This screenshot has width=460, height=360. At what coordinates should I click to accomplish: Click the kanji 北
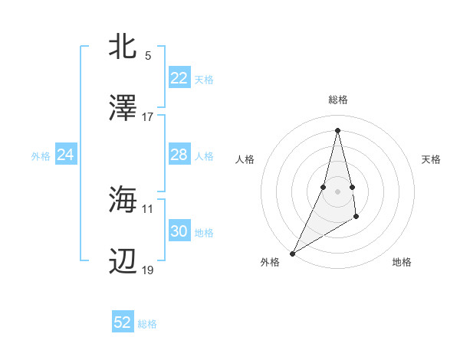(123, 47)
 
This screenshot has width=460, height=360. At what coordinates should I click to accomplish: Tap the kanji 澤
(123, 108)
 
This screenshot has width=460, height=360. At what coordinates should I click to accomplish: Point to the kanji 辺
(123, 261)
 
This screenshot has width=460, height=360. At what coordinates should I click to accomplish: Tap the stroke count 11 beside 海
(148, 208)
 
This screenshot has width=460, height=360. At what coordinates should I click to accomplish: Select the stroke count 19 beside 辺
(148, 270)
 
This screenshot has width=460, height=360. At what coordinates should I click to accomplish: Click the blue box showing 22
(179, 78)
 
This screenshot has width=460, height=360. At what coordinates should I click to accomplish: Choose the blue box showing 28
(179, 155)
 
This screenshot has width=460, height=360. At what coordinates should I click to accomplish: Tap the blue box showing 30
(179, 231)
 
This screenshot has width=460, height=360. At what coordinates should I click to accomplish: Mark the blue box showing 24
(66, 155)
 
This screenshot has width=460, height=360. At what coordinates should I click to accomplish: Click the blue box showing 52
(123, 322)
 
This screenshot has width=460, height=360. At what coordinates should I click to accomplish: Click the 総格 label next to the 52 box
(148, 324)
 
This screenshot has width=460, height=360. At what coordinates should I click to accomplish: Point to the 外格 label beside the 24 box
(41, 156)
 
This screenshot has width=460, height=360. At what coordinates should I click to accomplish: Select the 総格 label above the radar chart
(338, 100)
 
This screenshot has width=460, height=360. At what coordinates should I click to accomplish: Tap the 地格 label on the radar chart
(402, 262)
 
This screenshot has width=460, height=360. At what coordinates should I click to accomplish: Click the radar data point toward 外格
(292, 253)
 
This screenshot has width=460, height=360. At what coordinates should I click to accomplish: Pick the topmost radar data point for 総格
(337, 129)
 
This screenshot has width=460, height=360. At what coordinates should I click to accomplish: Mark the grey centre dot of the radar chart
(337, 191)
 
